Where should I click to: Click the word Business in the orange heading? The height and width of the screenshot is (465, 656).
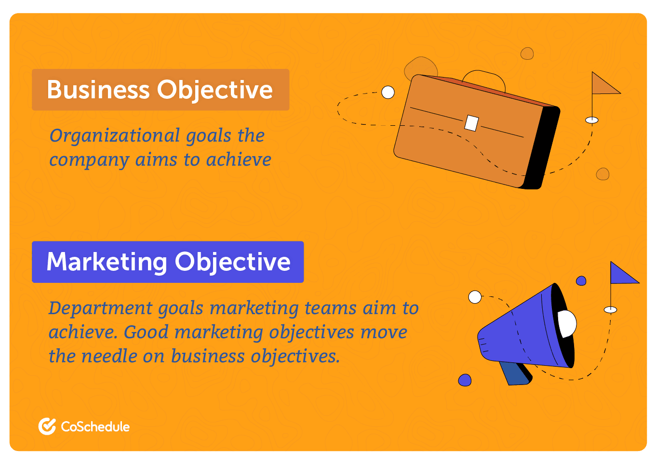98,90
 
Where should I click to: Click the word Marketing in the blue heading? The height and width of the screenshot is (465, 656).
107,262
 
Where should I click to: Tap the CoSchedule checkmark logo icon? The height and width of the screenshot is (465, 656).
47,426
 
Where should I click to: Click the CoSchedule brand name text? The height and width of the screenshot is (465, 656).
95,426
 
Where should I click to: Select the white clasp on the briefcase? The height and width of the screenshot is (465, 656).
471,123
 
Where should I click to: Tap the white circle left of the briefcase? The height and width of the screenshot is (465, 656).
388,92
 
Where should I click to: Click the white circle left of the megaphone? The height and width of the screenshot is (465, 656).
475,297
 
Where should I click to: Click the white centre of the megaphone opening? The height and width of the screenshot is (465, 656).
567,323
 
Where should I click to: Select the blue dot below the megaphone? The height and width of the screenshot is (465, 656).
465,380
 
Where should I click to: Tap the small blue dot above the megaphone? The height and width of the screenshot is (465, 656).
581,281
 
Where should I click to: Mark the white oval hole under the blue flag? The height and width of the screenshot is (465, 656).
610,309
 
